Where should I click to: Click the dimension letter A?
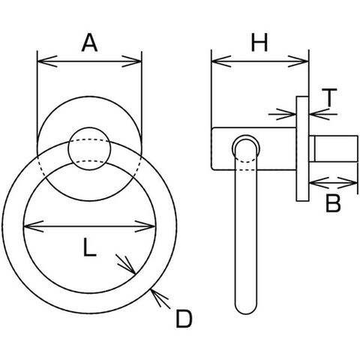point(89,43)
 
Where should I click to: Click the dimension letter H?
point(259,43)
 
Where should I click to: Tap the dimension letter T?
point(329,97)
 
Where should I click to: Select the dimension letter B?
point(334,203)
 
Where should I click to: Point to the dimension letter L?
point(89,247)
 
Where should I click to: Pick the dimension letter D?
point(184,319)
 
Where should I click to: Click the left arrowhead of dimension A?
point(47,61)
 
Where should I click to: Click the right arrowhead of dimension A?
point(131,61)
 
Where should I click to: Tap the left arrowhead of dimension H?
point(221,61)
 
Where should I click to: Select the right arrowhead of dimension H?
point(298,61)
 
